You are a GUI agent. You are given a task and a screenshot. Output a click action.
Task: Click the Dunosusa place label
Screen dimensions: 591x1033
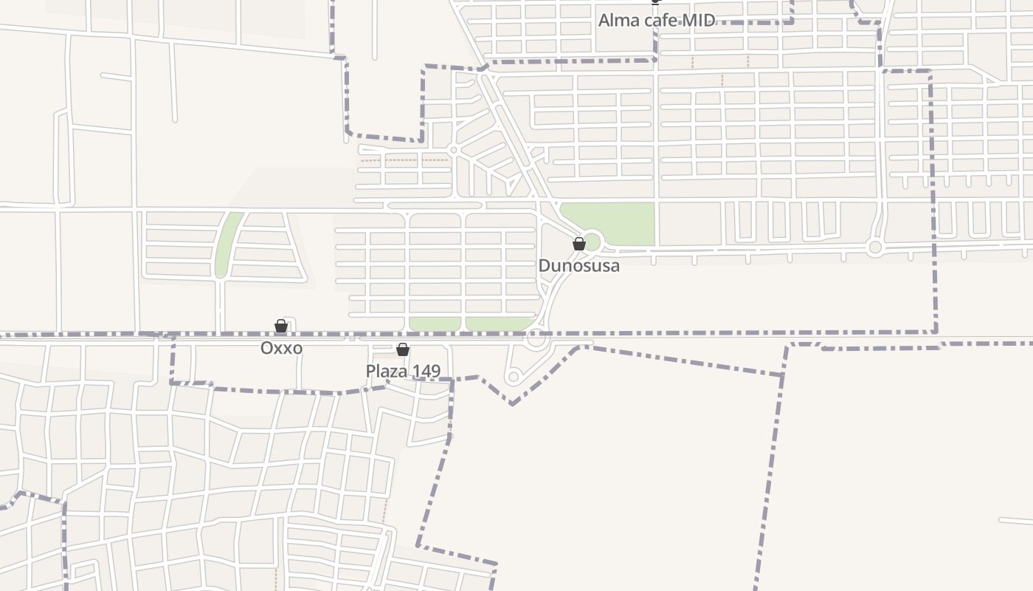(x=578, y=266)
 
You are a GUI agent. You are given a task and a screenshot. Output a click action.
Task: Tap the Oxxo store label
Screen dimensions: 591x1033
(x=281, y=348)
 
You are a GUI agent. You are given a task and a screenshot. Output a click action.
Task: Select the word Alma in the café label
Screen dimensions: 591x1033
(x=617, y=21)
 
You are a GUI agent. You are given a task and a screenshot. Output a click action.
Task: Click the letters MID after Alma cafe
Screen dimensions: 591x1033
(x=698, y=21)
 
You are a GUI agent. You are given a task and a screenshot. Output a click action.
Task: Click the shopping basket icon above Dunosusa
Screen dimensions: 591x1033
(x=579, y=243)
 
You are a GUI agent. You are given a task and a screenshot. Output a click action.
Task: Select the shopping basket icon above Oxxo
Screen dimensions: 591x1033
(x=281, y=326)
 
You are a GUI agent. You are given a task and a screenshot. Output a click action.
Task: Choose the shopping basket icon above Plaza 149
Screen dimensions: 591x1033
(x=403, y=349)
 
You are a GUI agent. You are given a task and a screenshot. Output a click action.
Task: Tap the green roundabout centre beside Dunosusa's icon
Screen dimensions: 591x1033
(x=592, y=242)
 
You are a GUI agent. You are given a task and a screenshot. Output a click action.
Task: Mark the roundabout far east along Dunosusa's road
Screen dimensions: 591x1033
(x=875, y=247)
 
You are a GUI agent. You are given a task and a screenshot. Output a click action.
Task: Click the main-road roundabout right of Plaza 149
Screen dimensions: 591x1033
(x=536, y=339)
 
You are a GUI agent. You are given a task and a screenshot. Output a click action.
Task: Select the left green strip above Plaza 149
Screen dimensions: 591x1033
(x=435, y=324)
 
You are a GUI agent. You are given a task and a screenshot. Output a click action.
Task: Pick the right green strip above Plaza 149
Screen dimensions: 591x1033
(x=498, y=324)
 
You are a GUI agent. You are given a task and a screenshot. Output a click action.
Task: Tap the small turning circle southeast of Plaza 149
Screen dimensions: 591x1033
(x=514, y=378)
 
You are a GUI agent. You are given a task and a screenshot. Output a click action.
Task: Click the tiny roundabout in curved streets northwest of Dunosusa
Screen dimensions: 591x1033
(x=454, y=150)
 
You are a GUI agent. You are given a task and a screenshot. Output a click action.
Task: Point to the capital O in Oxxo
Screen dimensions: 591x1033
(x=267, y=348)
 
